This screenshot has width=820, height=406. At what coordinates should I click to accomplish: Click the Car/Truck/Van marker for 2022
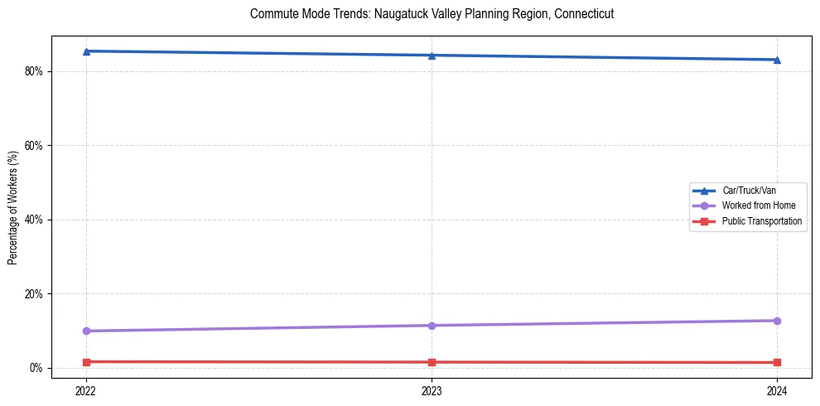pos(86,51)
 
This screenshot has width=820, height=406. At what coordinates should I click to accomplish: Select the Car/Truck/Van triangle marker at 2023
pos(432,56)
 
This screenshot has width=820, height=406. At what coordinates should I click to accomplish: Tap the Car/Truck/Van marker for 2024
pos(777,60)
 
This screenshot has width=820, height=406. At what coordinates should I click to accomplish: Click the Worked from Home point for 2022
pos(86,331)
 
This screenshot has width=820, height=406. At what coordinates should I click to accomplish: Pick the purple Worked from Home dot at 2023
pos(432,326)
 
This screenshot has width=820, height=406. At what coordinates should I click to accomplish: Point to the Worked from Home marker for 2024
pos(777,321)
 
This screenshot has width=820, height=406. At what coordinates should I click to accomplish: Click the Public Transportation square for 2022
pos(86,362)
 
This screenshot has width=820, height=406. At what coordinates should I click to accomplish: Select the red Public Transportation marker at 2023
pos(432,362)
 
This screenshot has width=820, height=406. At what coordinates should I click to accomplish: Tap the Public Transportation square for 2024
pos(777,363)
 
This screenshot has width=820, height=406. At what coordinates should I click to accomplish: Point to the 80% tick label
pos(34,71)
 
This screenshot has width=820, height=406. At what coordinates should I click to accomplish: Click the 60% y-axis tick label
pos(34,146)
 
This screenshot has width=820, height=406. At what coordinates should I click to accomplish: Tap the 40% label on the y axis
pos(34,220)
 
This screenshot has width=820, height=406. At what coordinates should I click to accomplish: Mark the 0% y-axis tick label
pos(36,368)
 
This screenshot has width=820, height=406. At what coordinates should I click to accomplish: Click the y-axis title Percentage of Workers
pos(12,207)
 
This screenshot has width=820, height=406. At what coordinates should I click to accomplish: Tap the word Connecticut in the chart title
pos(584,15)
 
